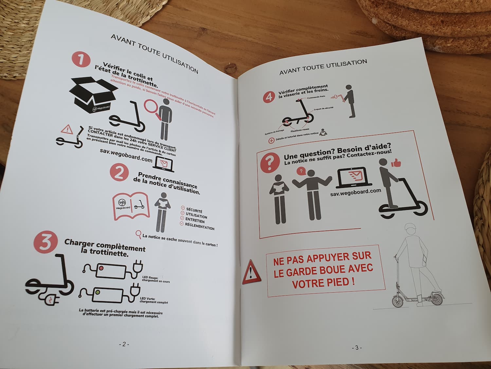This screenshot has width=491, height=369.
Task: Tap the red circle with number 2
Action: coord(119,172)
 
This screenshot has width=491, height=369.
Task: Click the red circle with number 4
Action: coord(269,97)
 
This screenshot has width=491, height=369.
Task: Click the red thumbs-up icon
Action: coord(396,162)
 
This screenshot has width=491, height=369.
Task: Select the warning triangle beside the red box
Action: coord(251,272)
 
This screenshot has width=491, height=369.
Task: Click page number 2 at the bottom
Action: coord(124,344)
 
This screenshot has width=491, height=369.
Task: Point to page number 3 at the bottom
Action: coord(356,347)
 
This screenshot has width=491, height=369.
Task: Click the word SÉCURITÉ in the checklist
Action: coord(194,210)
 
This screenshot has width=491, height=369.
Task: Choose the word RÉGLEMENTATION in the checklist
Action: coord(199,226)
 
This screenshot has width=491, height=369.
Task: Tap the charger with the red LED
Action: coord(111,271)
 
